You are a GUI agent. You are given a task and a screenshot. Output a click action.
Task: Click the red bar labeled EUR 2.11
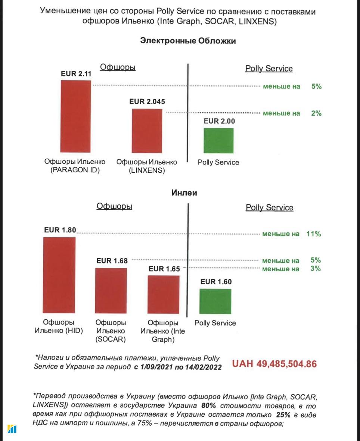(76, 116)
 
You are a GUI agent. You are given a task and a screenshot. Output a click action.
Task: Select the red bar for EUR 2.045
(147, 131)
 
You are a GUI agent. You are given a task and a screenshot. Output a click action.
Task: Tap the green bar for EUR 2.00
(218, 141)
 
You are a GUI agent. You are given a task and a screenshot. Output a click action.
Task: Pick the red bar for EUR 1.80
(59, 275)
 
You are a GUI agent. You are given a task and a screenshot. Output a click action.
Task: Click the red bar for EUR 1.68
(111, 290)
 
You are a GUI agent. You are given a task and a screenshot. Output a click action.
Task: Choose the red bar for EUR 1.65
(164, 294)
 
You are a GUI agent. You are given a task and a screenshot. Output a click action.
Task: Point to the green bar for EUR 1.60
(215, 301)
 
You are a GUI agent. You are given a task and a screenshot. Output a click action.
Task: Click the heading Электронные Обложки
(188, 41)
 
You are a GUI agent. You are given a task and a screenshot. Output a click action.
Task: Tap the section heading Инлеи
(184, 193)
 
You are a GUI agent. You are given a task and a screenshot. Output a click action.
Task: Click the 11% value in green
(314, 234)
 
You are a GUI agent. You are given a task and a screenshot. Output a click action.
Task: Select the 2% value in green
(316, 113)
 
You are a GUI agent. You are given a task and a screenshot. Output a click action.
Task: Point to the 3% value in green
(316, 269)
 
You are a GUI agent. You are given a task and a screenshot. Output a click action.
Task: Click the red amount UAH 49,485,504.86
(274, 364)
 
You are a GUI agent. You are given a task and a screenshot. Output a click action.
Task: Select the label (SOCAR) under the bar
(111, 339)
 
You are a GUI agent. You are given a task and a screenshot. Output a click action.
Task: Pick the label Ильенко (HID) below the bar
(59, 331)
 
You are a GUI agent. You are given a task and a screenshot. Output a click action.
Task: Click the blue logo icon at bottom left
(12, 429)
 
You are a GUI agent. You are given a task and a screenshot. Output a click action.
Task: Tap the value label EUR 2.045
(147, 101)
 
